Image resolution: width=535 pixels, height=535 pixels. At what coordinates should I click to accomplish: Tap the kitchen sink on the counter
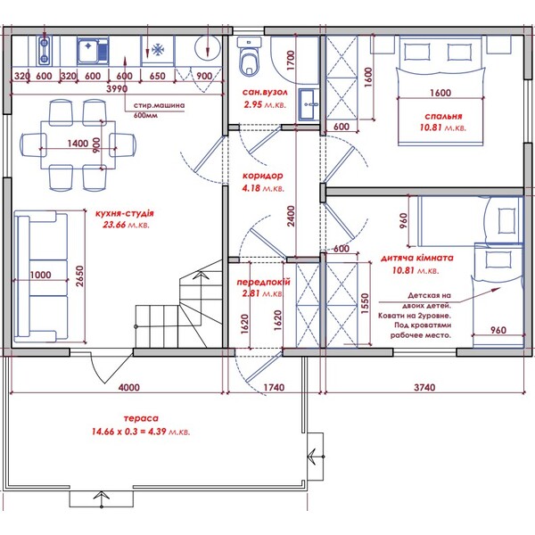[93, 51]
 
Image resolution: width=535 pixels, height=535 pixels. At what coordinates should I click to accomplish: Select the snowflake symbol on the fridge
[158, 50]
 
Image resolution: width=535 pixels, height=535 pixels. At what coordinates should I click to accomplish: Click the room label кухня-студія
[125, 214]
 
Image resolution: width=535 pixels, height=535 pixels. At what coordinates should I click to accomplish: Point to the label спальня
[443, 116]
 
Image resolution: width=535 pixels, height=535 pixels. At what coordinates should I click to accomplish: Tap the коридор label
[263, 176]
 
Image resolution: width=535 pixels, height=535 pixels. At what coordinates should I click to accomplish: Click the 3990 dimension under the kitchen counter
[117, 88]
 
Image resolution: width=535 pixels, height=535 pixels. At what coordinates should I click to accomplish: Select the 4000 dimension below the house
[129, 387]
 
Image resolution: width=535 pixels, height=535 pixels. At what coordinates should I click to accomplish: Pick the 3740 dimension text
[424, 387]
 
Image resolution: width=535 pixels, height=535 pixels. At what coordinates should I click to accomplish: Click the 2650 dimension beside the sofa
[79, 276]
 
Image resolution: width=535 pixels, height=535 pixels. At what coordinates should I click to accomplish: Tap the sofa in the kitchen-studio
[41, 276]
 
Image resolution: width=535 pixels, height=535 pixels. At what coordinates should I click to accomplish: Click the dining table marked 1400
[78, 144]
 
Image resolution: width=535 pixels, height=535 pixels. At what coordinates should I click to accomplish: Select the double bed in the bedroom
[440, 91]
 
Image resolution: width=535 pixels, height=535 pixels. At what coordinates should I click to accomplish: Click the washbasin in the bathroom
[309, 104]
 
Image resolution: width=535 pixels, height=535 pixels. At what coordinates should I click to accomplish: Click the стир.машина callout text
[159, 105]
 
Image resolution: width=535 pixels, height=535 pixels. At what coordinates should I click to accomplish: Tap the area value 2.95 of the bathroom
[252, 104]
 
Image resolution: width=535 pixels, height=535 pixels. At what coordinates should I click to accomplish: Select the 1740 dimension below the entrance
[274, 387]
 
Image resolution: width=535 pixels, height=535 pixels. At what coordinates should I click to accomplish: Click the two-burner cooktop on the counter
[45, 51]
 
